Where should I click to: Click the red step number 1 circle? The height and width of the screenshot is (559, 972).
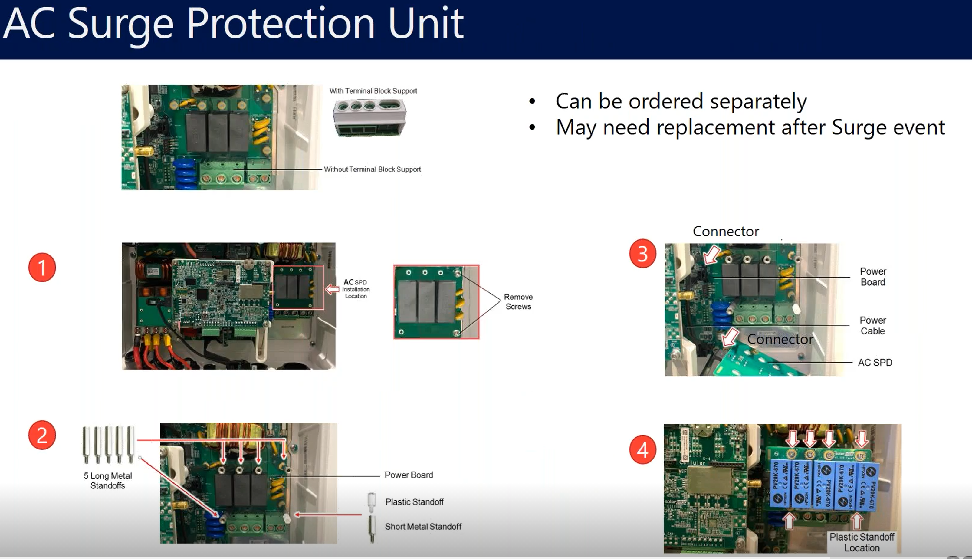[x=42, y=267]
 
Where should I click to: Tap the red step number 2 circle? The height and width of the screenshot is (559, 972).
[x=42, y=435]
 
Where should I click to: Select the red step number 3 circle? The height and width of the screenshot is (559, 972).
[x=643, y=253]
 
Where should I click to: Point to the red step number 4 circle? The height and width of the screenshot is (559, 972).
[x=643, y=449]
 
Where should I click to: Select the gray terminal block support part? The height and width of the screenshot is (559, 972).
[x=369, y=117]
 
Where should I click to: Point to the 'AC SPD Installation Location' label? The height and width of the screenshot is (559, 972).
[x=356, y=289]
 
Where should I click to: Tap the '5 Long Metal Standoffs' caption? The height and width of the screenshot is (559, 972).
[x=108, y=480]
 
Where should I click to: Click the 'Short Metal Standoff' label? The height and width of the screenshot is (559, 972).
[x=423, y=526]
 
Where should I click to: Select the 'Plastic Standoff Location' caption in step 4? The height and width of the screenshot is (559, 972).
[x=862, y=542]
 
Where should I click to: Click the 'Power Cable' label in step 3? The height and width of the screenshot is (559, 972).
[x=872, y=326]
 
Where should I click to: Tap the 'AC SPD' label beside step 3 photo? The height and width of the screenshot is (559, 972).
[x=875, y=363]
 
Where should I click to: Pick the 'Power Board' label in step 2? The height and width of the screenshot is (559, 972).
[x=409, y=475]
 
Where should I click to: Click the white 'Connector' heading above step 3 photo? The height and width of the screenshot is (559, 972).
[x=726, y=232]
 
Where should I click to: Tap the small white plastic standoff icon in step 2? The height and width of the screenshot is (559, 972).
[x=371, y=502]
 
